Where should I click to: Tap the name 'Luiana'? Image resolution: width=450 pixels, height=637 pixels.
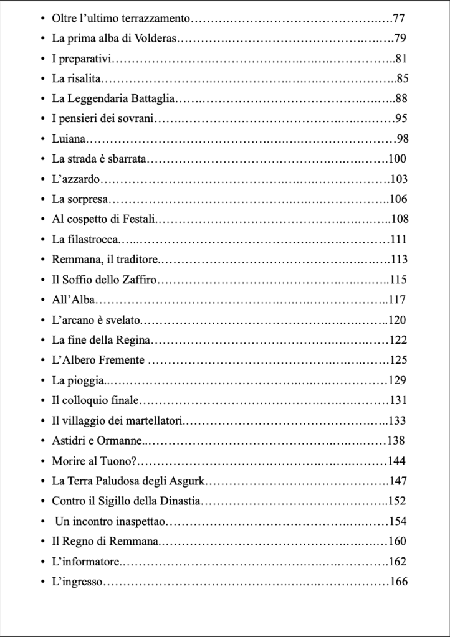click(x=69, y=139)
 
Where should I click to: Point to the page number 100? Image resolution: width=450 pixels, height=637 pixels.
click(x=397, y=159)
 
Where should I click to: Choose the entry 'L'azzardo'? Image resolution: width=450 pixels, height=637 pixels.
click(x=75, y=179)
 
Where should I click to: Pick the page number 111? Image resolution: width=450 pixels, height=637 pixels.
click(x=398, y=240)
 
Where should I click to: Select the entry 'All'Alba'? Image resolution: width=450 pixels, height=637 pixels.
click(x=73, y=300)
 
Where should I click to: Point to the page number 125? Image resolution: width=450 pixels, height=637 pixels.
click(x=398, y=360)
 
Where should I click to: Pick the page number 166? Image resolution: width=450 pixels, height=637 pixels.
click(x=398, y=582)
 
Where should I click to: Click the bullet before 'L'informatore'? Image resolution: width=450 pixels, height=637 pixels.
click(x=42, y=562)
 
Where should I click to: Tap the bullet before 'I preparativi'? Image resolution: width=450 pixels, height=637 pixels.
click(x=42, y=59)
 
